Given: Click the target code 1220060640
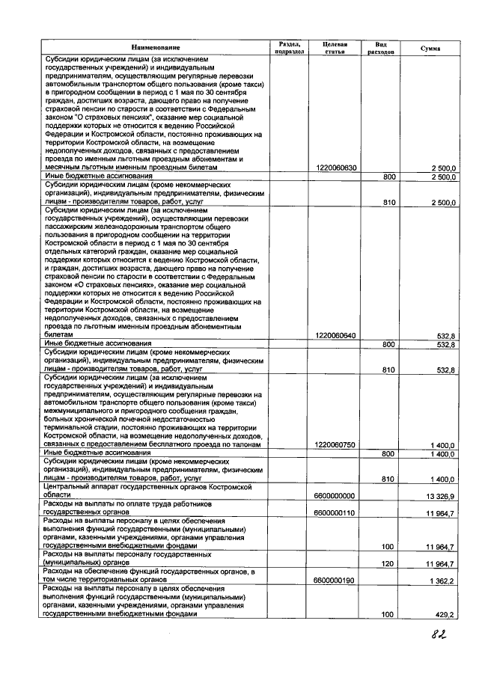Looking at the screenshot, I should click(x=336, y=335).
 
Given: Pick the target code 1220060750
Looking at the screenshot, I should click(x=336, y=445).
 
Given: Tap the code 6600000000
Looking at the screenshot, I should click(x=336, y=495).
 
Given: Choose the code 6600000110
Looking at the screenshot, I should click(x=336, y=512).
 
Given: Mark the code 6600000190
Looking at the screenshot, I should click(x=336, y=580).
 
